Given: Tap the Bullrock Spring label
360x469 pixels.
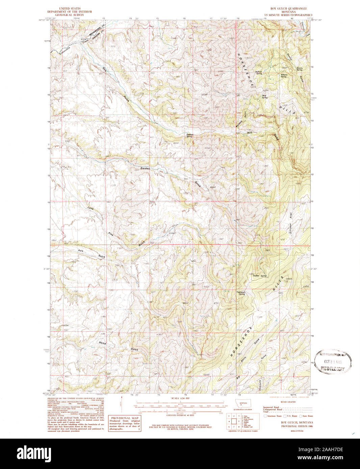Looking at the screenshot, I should pyautogui.click(x=259, y=73).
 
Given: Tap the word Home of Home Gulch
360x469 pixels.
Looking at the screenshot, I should pyautogui.click(x=102, y=343).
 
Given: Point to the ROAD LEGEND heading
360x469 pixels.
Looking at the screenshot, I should pyautogui.click(x=286, y=402).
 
